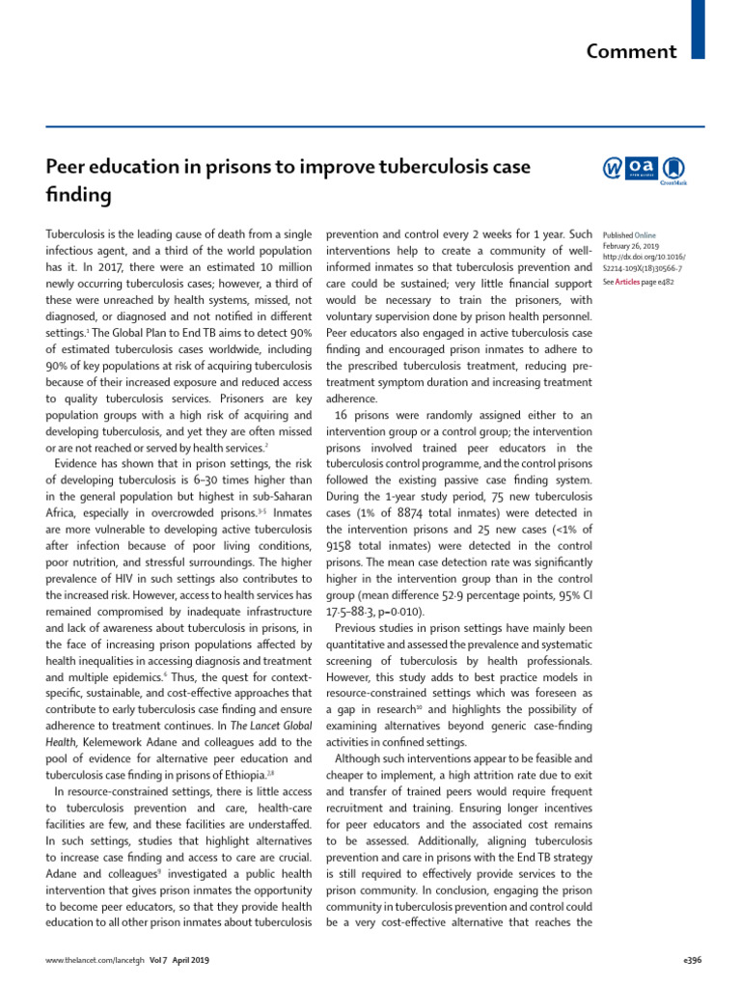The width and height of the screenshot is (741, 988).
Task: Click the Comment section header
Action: tap(632, 50)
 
